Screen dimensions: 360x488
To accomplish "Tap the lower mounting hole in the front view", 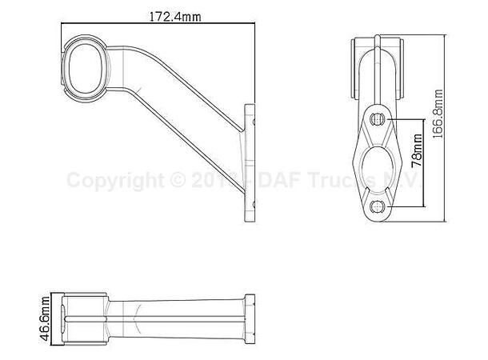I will [379, 207].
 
